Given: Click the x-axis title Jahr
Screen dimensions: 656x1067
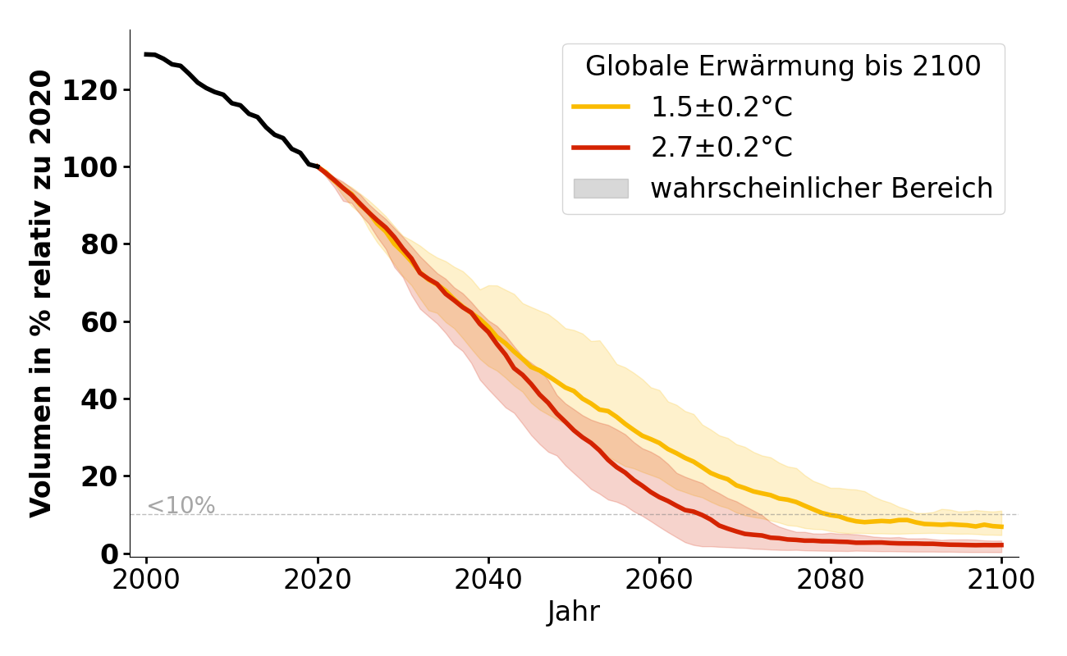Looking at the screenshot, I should [x=574, y=612].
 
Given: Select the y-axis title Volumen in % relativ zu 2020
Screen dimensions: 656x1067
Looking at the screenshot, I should [x=41, y=294].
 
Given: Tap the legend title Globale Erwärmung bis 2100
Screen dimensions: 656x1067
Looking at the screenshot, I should [x=783, y=66].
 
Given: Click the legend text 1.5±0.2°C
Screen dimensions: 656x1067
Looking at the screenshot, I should [x=721, y=107].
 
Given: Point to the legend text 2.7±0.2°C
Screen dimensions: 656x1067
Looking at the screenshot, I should [x=721, y=148].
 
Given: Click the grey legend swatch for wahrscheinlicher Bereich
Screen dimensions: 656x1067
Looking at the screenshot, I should [x=601, y=189].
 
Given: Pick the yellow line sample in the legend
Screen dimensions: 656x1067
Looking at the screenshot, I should [x=601, y=107].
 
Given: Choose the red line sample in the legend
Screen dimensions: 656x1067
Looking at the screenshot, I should [x=601, y=148].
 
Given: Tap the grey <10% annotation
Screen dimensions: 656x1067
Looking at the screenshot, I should [x=181, y=506].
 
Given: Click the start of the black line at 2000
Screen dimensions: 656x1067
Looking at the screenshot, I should [x=147, y=54].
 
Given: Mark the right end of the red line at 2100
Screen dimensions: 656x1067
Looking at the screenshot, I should [x=1001, y=545].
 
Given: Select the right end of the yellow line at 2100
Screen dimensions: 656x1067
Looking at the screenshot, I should [x=1001, y=526].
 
